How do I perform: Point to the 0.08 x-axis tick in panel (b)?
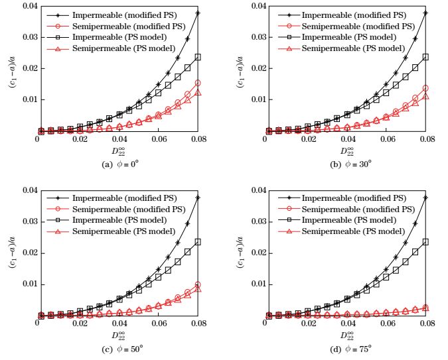(425, 141)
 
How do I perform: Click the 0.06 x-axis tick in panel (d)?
(384, 325)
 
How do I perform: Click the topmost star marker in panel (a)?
(198, 13)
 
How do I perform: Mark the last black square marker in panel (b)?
(425, 57)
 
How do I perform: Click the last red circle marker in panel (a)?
(198, 83)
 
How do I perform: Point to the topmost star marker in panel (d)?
(425, 198)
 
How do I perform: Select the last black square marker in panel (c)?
(198, 242)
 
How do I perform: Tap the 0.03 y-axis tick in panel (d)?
(252, 222)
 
